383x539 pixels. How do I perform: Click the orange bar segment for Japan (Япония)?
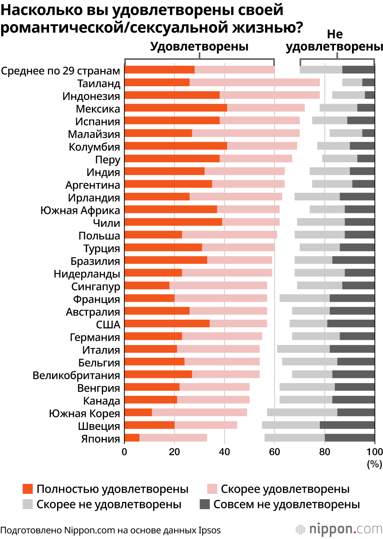(132, 438)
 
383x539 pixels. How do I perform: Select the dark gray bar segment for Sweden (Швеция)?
(347, 425)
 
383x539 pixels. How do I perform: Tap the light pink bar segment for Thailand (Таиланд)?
(254, 82)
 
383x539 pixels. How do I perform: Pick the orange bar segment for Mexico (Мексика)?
(176, 108)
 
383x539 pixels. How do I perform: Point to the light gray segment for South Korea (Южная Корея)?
(302, 412)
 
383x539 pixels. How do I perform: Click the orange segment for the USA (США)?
(167, 323)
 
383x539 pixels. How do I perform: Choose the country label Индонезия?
(91, 96)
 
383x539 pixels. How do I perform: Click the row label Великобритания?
(76, 375)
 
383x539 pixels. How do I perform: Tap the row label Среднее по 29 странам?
(61, 71)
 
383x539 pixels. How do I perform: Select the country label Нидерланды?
(87, 274)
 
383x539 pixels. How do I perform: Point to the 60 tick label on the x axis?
(274, 452)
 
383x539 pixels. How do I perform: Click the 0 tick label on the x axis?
(124, 452)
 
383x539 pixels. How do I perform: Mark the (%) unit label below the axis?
(374, 464)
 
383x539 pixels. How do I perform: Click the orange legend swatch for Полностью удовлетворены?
(28, 489)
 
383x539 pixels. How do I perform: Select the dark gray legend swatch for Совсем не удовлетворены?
(205, 504)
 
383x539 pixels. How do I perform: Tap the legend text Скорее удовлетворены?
(285, 489)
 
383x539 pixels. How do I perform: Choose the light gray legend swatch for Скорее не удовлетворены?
(28, 504)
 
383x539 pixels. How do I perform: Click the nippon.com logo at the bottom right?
(339, 529)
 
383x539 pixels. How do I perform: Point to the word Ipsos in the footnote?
(210, 531)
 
